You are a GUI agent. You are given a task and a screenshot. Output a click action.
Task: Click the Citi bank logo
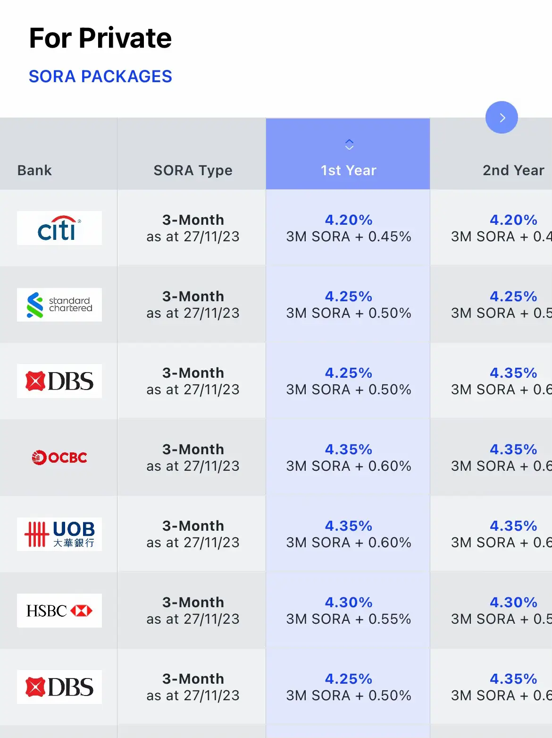click(x=59, y=228)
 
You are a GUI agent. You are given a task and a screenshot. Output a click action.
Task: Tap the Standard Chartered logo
click(x=59, y=305)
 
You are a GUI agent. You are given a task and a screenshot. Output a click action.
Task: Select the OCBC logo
click(x=59, y=458)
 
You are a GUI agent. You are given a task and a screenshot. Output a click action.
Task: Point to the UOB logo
click(x=59, y=534)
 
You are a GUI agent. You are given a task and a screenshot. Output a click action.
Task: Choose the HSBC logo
click(x=59, y=611)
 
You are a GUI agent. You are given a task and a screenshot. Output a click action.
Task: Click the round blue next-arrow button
click(x=502, y=118)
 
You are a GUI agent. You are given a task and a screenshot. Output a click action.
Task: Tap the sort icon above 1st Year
click(x=349, y=144)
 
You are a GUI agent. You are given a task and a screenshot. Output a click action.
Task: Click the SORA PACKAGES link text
click(x=100, y=76)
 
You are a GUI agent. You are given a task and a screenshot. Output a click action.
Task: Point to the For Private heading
click(x=100, y=38)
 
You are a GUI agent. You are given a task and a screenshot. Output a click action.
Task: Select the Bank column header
click(x=34, y=170)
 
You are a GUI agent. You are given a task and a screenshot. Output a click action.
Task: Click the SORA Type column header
click(x=193, y=170)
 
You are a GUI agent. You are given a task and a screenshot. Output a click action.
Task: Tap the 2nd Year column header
click(x=513, y=170)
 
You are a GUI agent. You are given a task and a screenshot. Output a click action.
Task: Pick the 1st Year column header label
click(x=349, y=170)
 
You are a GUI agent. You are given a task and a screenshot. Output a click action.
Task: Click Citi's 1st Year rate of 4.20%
click(x=349, y=220)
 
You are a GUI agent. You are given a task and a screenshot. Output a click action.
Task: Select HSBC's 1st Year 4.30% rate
click(x=349, y=602)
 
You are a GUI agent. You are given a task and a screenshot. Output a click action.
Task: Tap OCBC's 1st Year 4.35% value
click(x=349, y=450)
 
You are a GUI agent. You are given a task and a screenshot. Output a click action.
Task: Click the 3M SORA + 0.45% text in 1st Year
click(x=349, y=237)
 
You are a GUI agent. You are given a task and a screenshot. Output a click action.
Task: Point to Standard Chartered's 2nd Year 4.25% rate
click(x=513, y=297)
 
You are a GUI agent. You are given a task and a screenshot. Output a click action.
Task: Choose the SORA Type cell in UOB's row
click(x=193, y=534)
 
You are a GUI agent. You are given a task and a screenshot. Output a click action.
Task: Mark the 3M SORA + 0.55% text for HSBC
click(x=349, y=619)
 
